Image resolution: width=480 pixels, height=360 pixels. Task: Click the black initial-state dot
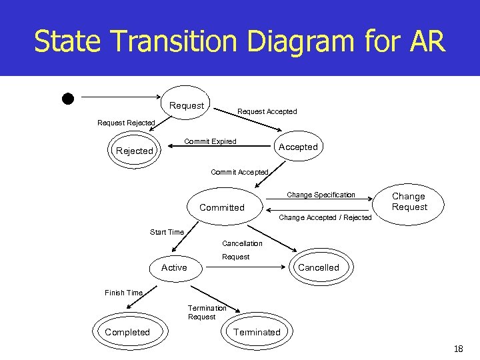pyautogui.click(x=67, y=98)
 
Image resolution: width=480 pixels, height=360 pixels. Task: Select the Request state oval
pyautogui.click(x=187, y=105)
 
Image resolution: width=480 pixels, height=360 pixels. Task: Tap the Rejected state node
pyautogui.click(x=135, y=151)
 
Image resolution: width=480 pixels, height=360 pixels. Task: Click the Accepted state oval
pyautogui.click(x=297, y=147)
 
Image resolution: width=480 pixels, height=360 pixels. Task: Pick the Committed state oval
pyautogui.click(x=222, y=207)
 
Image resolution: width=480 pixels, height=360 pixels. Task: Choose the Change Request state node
pyautogui.click(x=409, y=201)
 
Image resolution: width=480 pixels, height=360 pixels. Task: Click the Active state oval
pyautogui.click(x=174, y=267)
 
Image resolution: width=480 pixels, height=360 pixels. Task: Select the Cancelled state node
pyautogui.click(x=318, y=267)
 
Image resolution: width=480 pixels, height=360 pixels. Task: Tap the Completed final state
pyautogui.click(x=127, y=332)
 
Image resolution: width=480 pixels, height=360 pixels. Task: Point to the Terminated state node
pyautogui.click(x=257, y=332)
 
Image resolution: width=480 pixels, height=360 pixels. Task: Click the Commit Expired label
pyautogui.click(x=210, y=141)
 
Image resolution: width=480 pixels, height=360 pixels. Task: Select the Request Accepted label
pyautogui.click(x=267, y=111)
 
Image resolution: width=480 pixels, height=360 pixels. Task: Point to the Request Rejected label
pyautogui.click(x=126, y=123)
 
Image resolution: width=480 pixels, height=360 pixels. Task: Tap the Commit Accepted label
pyautogui.click(x=239, y=172)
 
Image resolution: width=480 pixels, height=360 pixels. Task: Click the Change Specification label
pyautogui.click(x=321, y=195)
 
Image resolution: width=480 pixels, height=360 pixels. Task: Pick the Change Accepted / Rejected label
pyautogui.click(x=325, y=217)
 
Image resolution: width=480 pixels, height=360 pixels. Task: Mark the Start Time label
pyautogui.click(x=167, y=232)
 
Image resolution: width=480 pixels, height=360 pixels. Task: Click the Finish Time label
pyautogui.click(x=123, y=293)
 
